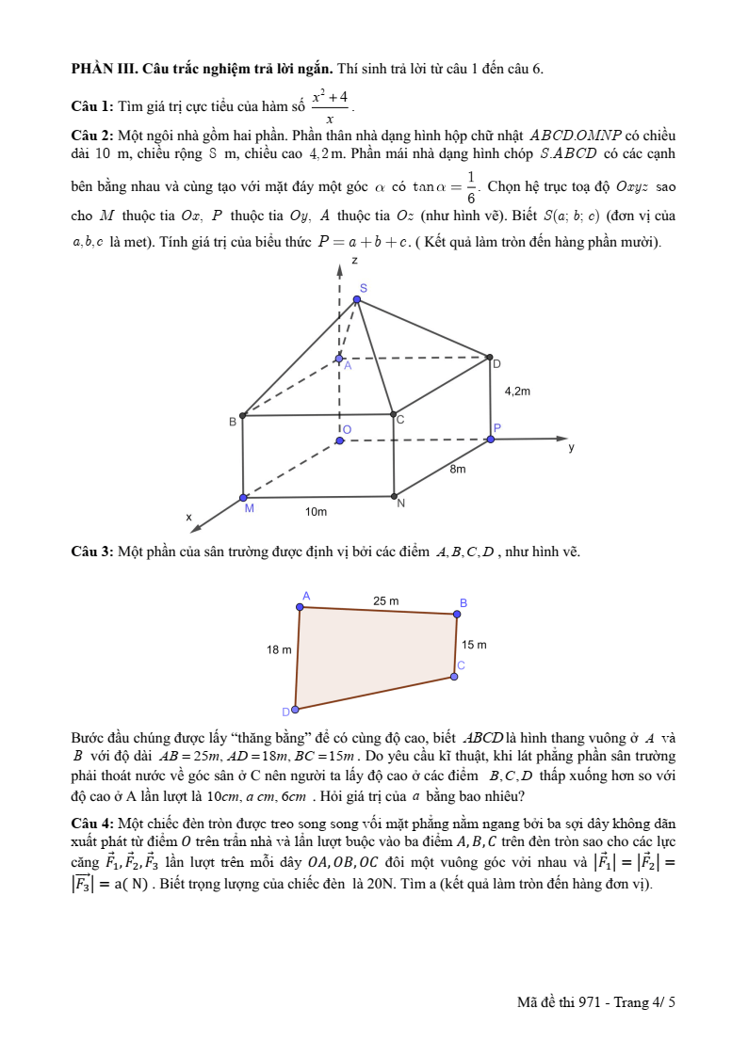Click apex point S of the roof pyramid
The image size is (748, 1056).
(357, 300)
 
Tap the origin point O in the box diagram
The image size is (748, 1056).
(340, 440)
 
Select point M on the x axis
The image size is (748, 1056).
(243, 498)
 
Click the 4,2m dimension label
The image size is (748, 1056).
(518, 391)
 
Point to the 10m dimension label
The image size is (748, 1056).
(316, 512)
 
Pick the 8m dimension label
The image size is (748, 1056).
(457, 469)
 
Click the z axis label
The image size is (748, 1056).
(354, 260)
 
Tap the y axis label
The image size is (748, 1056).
(571, 448)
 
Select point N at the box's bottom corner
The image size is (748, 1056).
(394, 496)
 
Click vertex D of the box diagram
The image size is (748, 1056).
(490, 358)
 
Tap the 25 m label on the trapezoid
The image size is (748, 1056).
(385, 600)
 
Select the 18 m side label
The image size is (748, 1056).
(279, 649)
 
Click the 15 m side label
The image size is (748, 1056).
(474, 645)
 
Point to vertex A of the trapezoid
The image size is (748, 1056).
(301, 607)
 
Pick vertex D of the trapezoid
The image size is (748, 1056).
(296, 709)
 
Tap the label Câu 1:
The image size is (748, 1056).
(92, 104)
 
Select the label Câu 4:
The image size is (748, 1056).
(92, 823)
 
